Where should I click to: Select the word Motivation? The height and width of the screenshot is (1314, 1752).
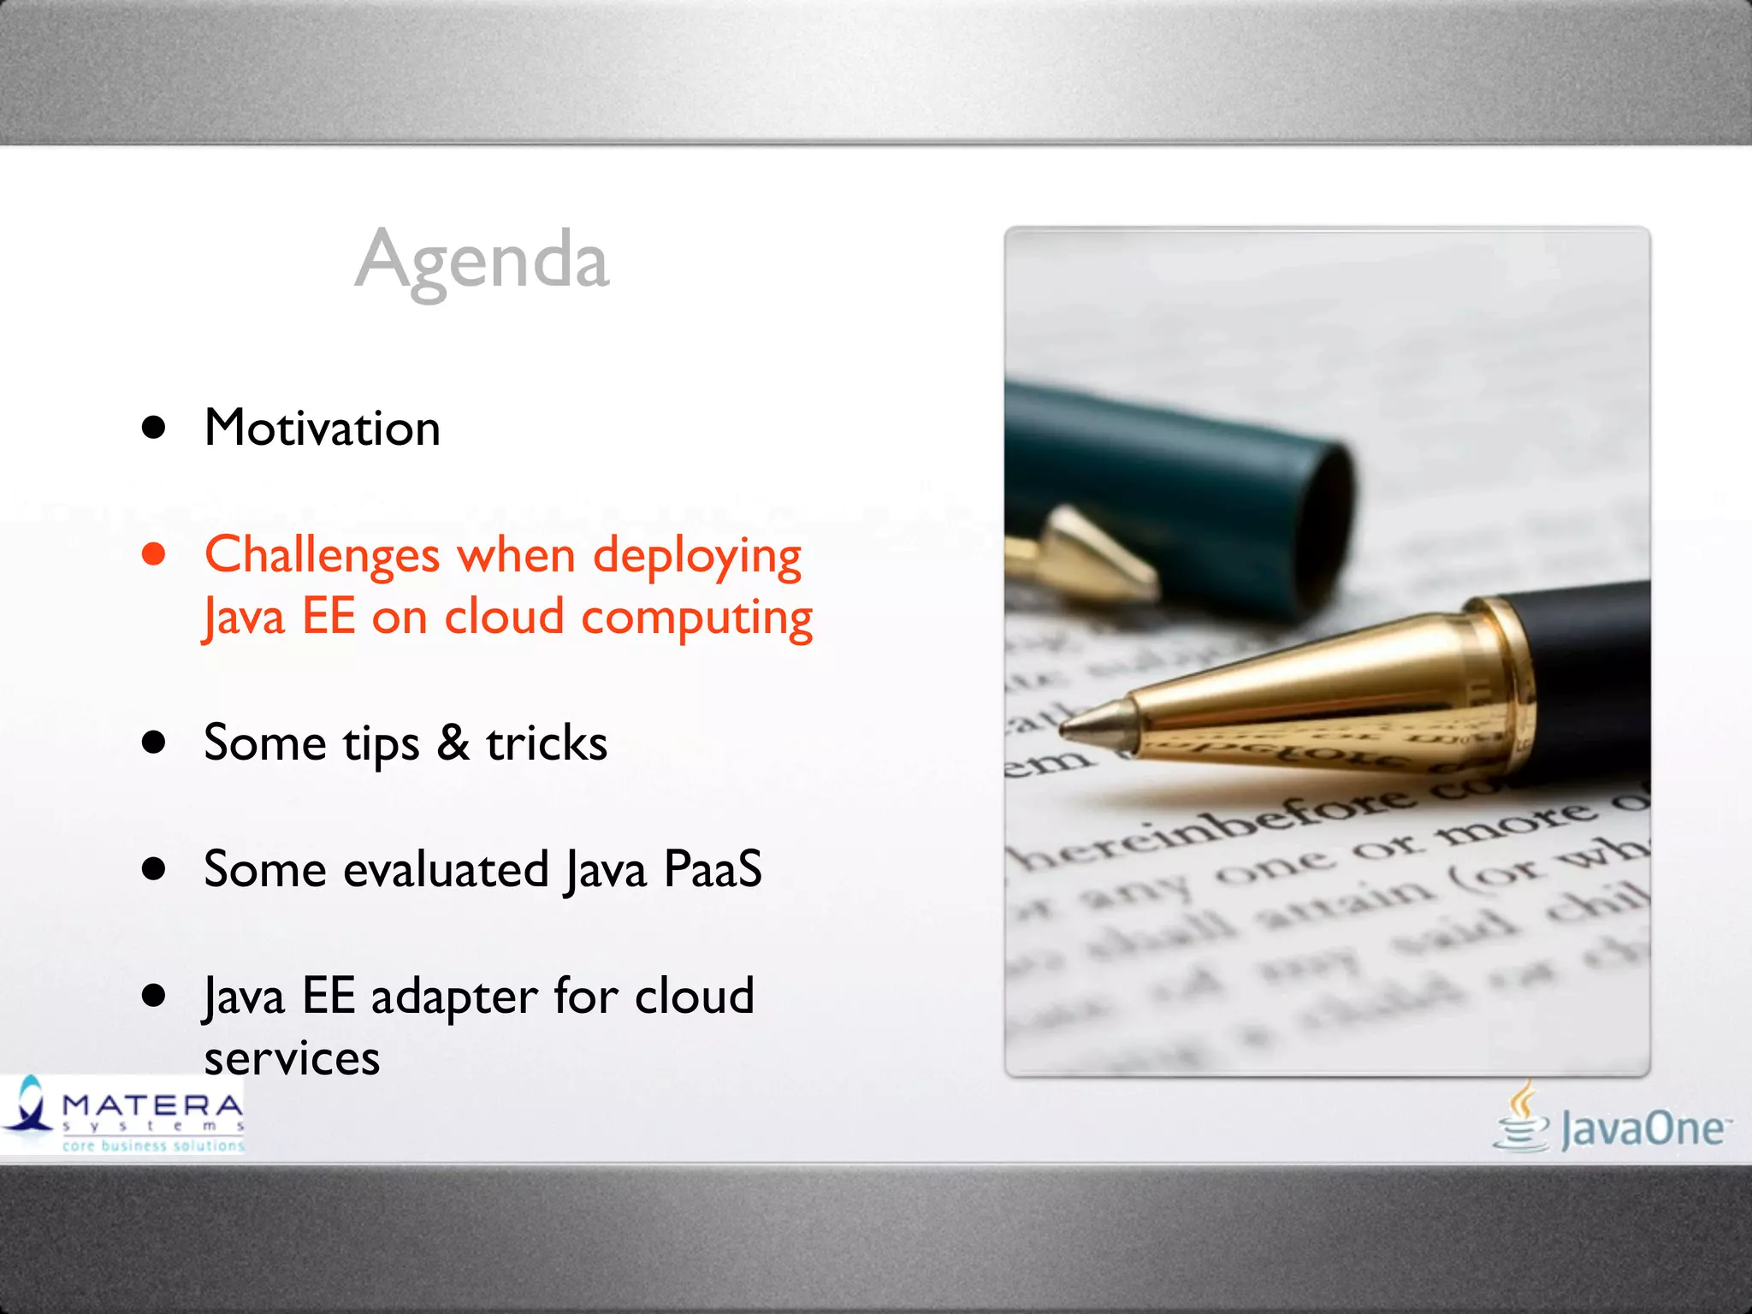pos(323,428)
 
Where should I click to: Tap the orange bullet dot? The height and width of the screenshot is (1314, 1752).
pos(154,554)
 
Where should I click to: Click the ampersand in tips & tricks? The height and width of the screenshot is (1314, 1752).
pos(453,743)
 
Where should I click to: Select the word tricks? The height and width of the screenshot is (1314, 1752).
pos(547,743)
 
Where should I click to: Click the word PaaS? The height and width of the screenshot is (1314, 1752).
pos(712,869)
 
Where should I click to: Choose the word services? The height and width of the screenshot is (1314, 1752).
pos(292,1059)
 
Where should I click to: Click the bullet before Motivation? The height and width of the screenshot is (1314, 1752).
pos(154,428)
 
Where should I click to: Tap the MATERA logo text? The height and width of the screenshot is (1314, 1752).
pos(152,1106)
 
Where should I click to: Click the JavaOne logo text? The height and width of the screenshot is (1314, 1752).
pos(1642,1129)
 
